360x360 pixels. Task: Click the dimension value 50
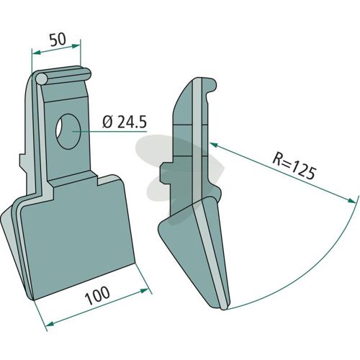click(58, 40)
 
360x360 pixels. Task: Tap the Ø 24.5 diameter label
click(125, 122)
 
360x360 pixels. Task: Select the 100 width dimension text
click(98, 296)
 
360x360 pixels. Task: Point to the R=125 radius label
click(294, 166)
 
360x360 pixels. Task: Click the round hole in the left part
click(68, 132)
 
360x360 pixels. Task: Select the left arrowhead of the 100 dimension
click(50, 325)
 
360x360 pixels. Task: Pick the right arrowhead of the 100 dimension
click(143, 291)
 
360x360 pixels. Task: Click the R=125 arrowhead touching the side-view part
click(214, 145)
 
